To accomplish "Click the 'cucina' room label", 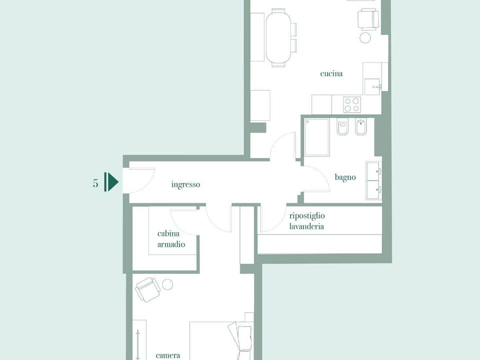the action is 331,74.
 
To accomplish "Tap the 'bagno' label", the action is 345,177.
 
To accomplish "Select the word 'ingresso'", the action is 185,184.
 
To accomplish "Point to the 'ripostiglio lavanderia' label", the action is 306,221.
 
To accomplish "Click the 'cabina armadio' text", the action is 171,239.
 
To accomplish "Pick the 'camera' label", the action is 168,355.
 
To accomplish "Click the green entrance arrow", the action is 111,182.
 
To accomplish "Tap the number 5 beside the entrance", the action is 95,183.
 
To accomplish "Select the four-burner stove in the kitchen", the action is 351,104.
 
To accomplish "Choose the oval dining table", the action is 278,38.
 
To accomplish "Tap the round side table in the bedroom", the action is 167,284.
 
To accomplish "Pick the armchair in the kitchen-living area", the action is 368,19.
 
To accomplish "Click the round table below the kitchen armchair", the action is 365,37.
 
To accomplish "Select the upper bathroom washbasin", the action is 374,171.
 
